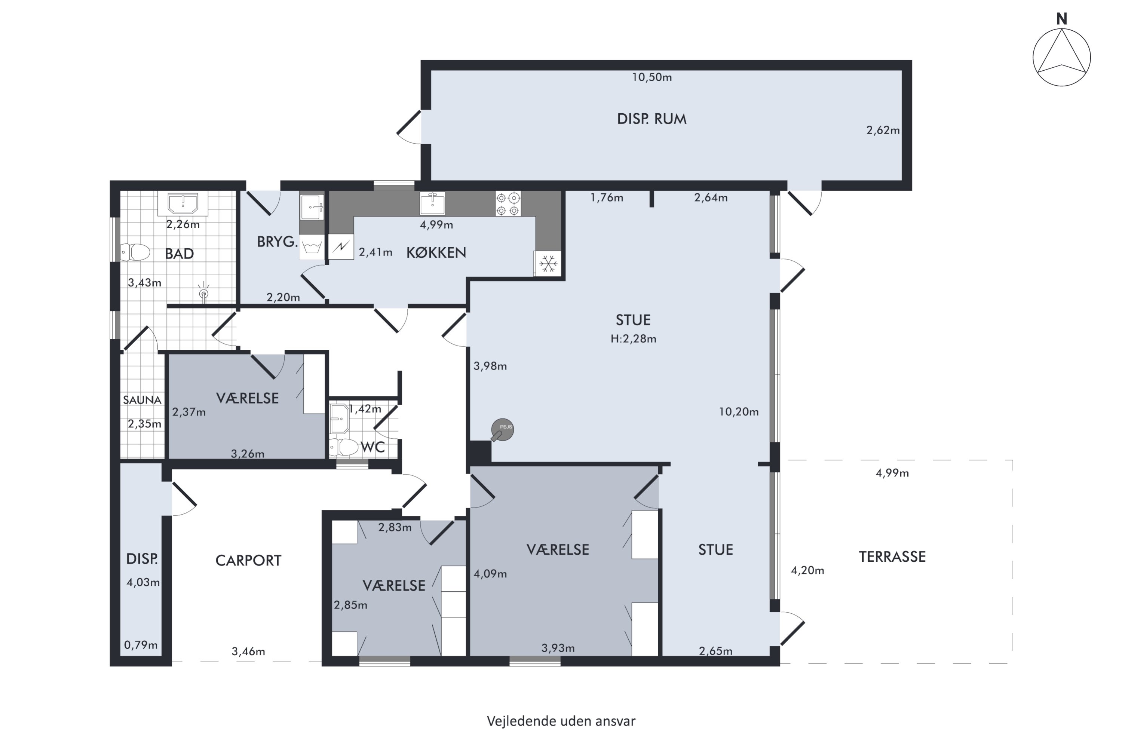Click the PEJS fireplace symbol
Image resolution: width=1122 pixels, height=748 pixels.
502,430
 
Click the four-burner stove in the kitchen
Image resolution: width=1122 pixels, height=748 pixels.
508,204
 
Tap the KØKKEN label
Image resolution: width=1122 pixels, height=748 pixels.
436,253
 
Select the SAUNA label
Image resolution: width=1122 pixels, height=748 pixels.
142,400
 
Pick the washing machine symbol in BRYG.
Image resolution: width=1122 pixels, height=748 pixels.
312,247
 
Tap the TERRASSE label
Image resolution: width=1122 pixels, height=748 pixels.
892,557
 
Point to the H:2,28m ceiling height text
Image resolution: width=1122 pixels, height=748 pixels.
633,339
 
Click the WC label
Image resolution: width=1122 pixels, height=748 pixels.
373,447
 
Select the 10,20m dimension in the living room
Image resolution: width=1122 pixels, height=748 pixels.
738,412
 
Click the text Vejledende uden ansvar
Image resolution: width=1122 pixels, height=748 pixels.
561,721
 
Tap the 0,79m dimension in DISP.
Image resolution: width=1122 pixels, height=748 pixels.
141,645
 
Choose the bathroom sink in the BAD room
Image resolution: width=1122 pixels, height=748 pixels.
183,204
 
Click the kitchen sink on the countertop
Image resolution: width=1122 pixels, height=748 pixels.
432,204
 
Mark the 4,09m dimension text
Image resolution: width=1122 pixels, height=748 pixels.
490,574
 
